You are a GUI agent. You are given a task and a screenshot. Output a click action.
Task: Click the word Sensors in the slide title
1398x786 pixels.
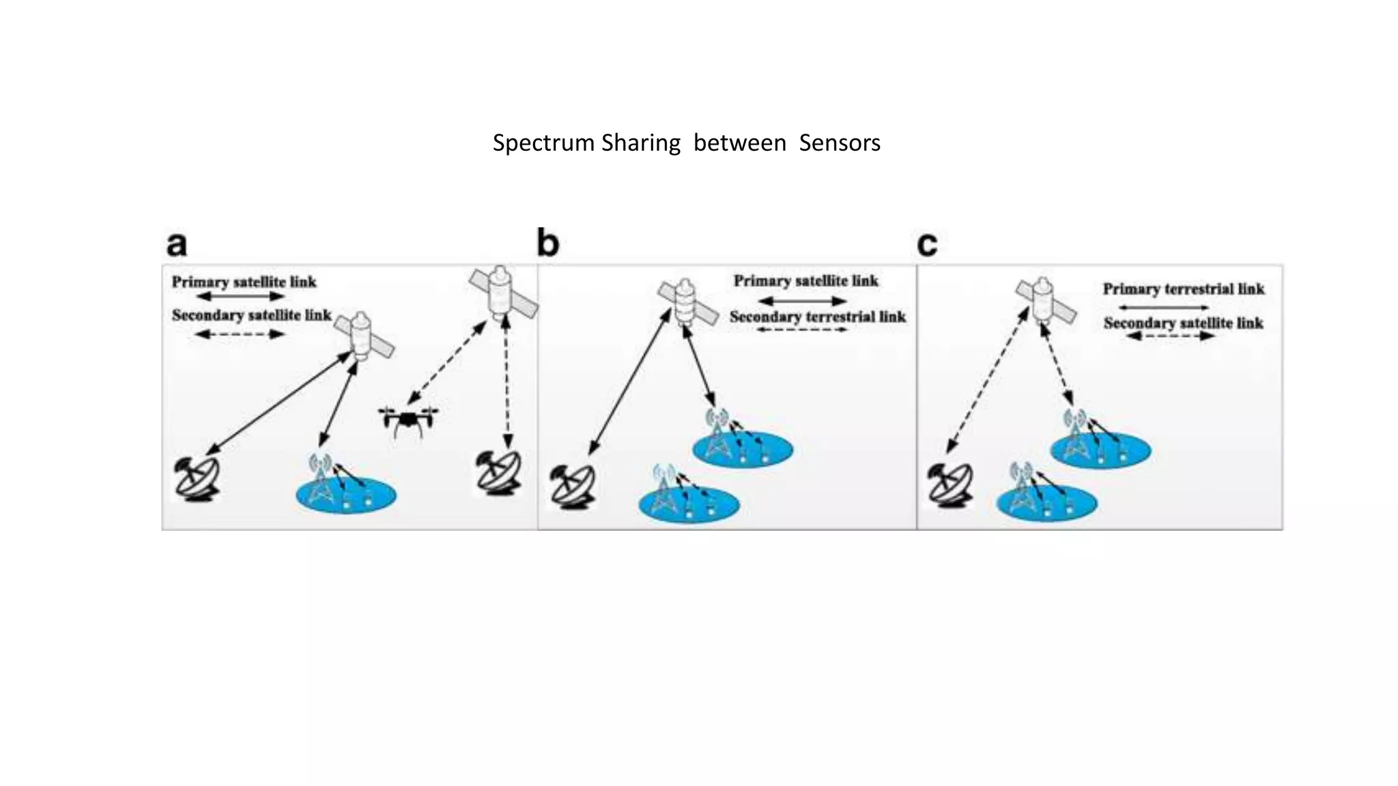coord(839,143)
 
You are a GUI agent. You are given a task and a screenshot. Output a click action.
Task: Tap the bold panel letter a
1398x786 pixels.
coord(177,244)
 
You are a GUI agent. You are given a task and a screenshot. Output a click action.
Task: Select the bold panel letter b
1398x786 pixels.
coord(547,243)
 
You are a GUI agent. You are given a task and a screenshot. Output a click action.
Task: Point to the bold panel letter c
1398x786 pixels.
coord(927,244)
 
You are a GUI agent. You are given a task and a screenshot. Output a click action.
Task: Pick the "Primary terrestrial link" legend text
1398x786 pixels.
coord(1184,289)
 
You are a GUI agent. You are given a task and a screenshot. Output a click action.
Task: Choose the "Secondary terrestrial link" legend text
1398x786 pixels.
coord(817,317)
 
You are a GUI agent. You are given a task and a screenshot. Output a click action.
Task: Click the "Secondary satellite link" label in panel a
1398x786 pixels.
coord(251,315)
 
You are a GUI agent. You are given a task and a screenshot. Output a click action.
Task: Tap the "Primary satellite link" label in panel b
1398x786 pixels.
coord(805,280)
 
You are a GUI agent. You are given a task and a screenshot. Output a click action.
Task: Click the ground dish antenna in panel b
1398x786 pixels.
coord(573,486)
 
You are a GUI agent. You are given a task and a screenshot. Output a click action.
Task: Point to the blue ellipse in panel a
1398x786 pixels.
coord(346,495)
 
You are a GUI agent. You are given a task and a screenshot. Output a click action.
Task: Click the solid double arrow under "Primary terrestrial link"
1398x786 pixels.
coord(1163,307)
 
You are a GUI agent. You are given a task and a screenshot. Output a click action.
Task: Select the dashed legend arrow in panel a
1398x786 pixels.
coord(240,334)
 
